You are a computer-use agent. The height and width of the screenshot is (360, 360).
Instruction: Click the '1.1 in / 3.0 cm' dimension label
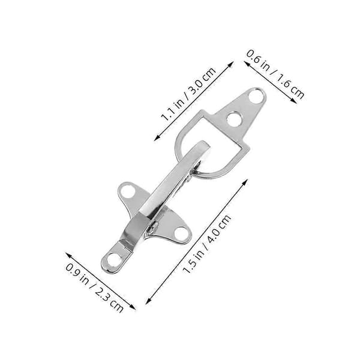tap(188, 94)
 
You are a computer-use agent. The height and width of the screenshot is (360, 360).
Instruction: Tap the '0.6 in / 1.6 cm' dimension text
tap(275, 74)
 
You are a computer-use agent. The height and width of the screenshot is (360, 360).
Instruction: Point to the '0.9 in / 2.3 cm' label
tap(95, 287)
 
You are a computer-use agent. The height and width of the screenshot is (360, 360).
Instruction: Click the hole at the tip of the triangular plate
tap(256, 97)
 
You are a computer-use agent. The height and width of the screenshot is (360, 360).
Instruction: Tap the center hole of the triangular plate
tap(234, 119)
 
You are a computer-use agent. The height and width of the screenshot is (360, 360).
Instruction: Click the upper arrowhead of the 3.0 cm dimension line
tap(231, 64)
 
